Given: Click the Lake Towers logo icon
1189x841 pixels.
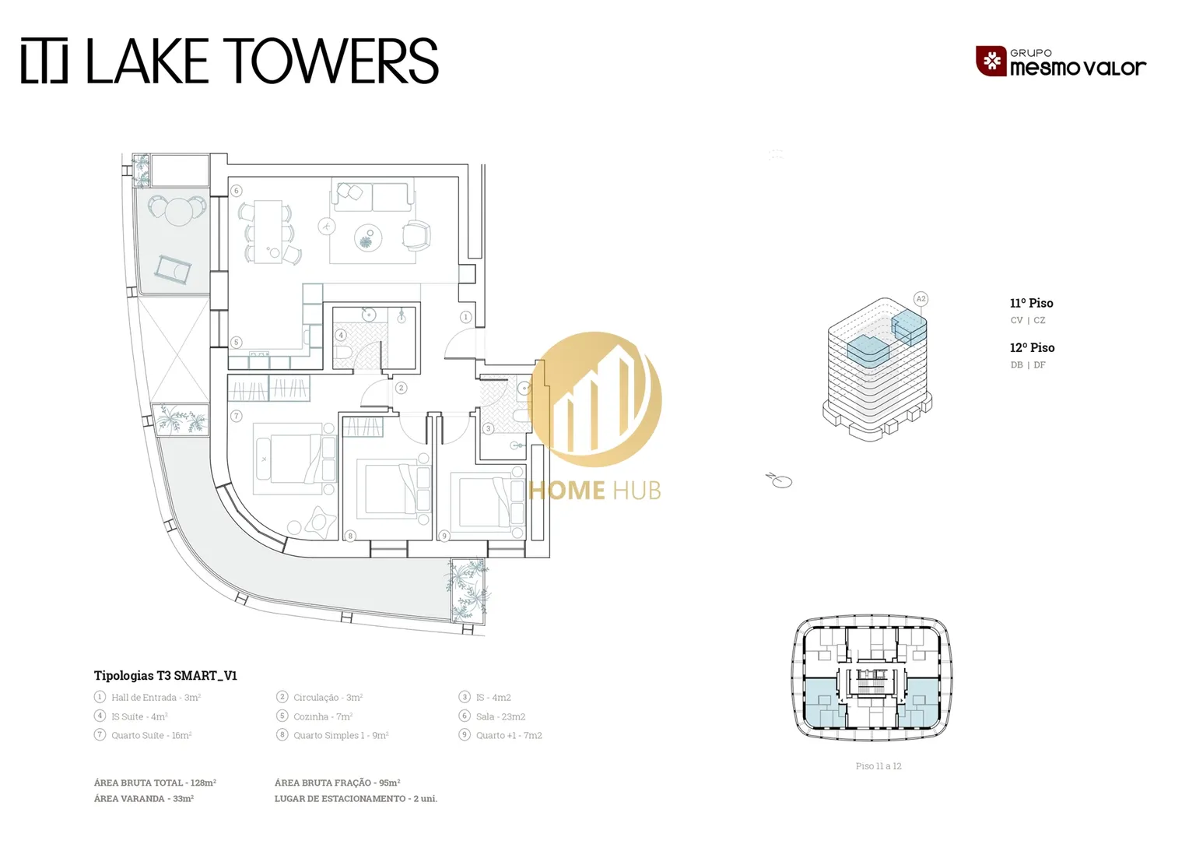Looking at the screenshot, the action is pos(44,61).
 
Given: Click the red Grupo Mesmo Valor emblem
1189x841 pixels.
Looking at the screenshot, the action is pos(991,61).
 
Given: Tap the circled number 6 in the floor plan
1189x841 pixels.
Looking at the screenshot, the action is pos(237,190).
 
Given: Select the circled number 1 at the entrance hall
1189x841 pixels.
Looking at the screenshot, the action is pos(465,317).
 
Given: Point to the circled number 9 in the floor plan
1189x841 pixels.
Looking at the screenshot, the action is pos(444,536).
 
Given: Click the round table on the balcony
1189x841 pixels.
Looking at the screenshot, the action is pos(178,211).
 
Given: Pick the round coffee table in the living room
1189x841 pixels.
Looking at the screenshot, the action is pos(368,238).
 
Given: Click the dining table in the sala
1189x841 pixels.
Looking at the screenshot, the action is pos(268,231).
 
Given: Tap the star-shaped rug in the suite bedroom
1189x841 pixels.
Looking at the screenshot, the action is pos(321,523).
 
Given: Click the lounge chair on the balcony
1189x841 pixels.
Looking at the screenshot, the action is pos(173,270).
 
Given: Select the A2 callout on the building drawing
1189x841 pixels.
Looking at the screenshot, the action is pos(921,298).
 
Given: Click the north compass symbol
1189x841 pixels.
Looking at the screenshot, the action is pos(779,480).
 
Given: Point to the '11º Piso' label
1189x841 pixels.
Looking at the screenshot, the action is pos(1031,304).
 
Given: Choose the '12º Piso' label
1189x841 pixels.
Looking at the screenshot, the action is pos(1032,348).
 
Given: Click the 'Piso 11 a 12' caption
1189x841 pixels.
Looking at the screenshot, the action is pos(879,766).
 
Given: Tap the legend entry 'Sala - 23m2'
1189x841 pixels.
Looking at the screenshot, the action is pos(500,716).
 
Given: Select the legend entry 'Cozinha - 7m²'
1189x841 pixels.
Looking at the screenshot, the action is pos(323,716).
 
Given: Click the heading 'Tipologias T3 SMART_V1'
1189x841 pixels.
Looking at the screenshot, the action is pos(166,676).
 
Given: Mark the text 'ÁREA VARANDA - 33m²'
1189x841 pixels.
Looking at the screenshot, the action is pos(144,798).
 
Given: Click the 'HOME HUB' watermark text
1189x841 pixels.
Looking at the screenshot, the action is pos(595,491).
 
